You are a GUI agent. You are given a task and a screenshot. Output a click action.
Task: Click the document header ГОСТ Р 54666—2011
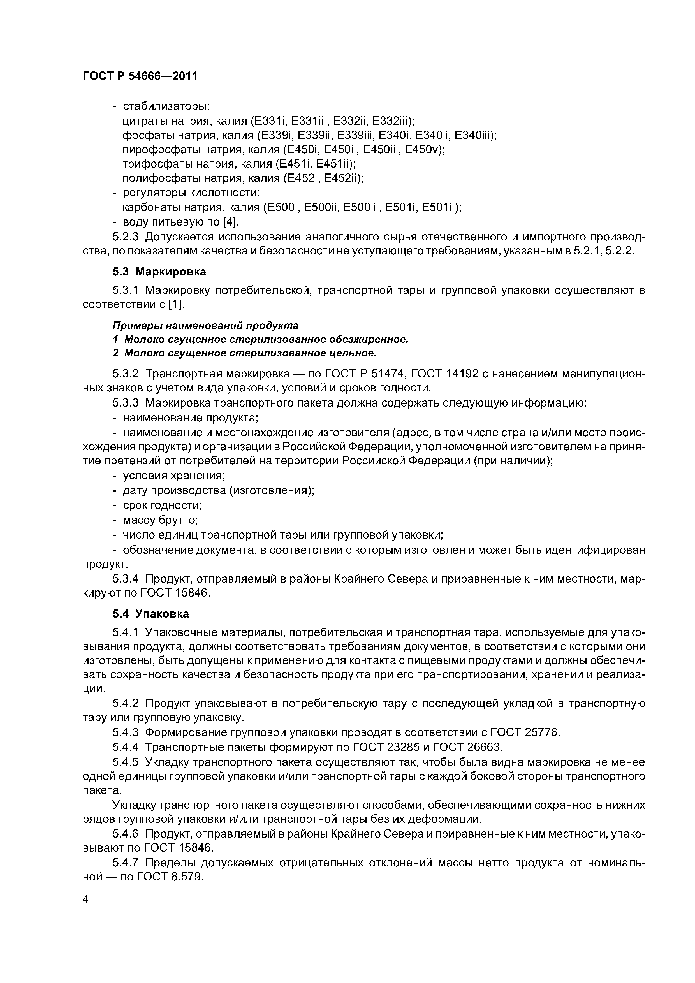[x=140, y=76]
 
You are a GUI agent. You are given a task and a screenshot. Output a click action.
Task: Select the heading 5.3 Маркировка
[x=159, y=272]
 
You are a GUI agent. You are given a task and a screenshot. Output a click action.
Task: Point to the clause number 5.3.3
[x=126, y=403]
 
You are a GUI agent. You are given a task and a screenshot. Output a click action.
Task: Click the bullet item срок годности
[x=162, y=505]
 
